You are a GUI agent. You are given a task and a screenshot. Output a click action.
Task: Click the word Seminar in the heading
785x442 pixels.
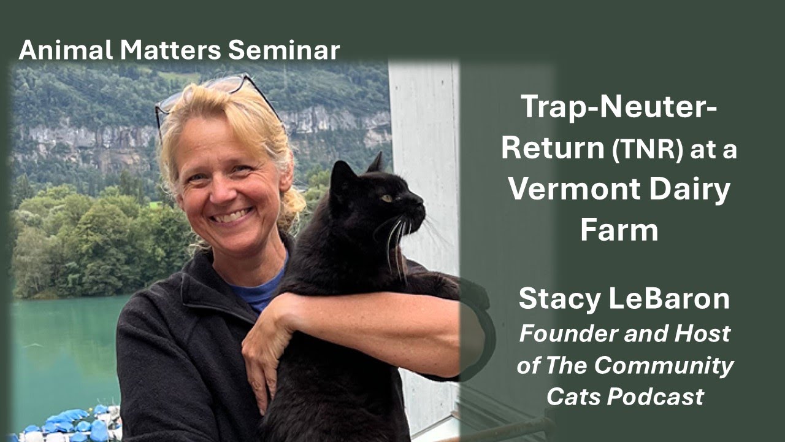[x=284, y=50]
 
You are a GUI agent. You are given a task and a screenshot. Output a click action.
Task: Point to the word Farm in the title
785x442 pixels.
[x=619, y=230]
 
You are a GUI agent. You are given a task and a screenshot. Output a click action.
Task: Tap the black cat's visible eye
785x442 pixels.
[x=387, y=198]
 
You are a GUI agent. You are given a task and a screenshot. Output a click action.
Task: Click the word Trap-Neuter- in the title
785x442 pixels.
[x=619, y=108]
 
